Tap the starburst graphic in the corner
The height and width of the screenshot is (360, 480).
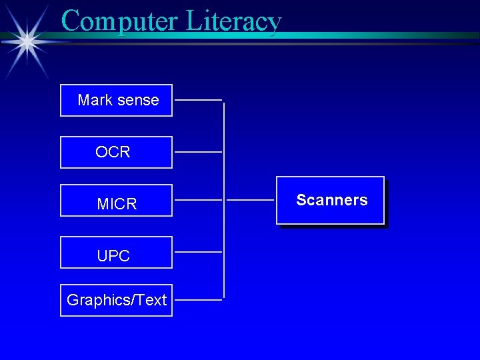click(27, 41)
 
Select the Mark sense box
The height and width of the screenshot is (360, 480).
click(116, 100)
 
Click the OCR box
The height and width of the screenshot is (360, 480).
click(116, 152)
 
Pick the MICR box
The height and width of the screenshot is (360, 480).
click(116, 201)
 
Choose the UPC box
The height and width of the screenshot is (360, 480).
click(116, 252)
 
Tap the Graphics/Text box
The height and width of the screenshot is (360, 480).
click(116, 300)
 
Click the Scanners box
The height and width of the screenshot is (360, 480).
click(331, 200)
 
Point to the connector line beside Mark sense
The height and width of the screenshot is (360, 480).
click(198, 100)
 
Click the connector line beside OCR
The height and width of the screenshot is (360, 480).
click(198, 152)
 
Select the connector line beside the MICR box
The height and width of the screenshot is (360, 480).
click(198, 199)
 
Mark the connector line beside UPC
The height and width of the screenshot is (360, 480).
click(198, 252)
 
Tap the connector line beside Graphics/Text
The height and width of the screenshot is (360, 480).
click(198, 300)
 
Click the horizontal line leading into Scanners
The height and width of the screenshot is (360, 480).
click(250, 199)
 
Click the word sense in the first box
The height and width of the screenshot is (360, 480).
click(138, 100)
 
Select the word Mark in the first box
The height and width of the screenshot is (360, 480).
click(94, 100)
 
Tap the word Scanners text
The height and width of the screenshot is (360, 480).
click(331, 200)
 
